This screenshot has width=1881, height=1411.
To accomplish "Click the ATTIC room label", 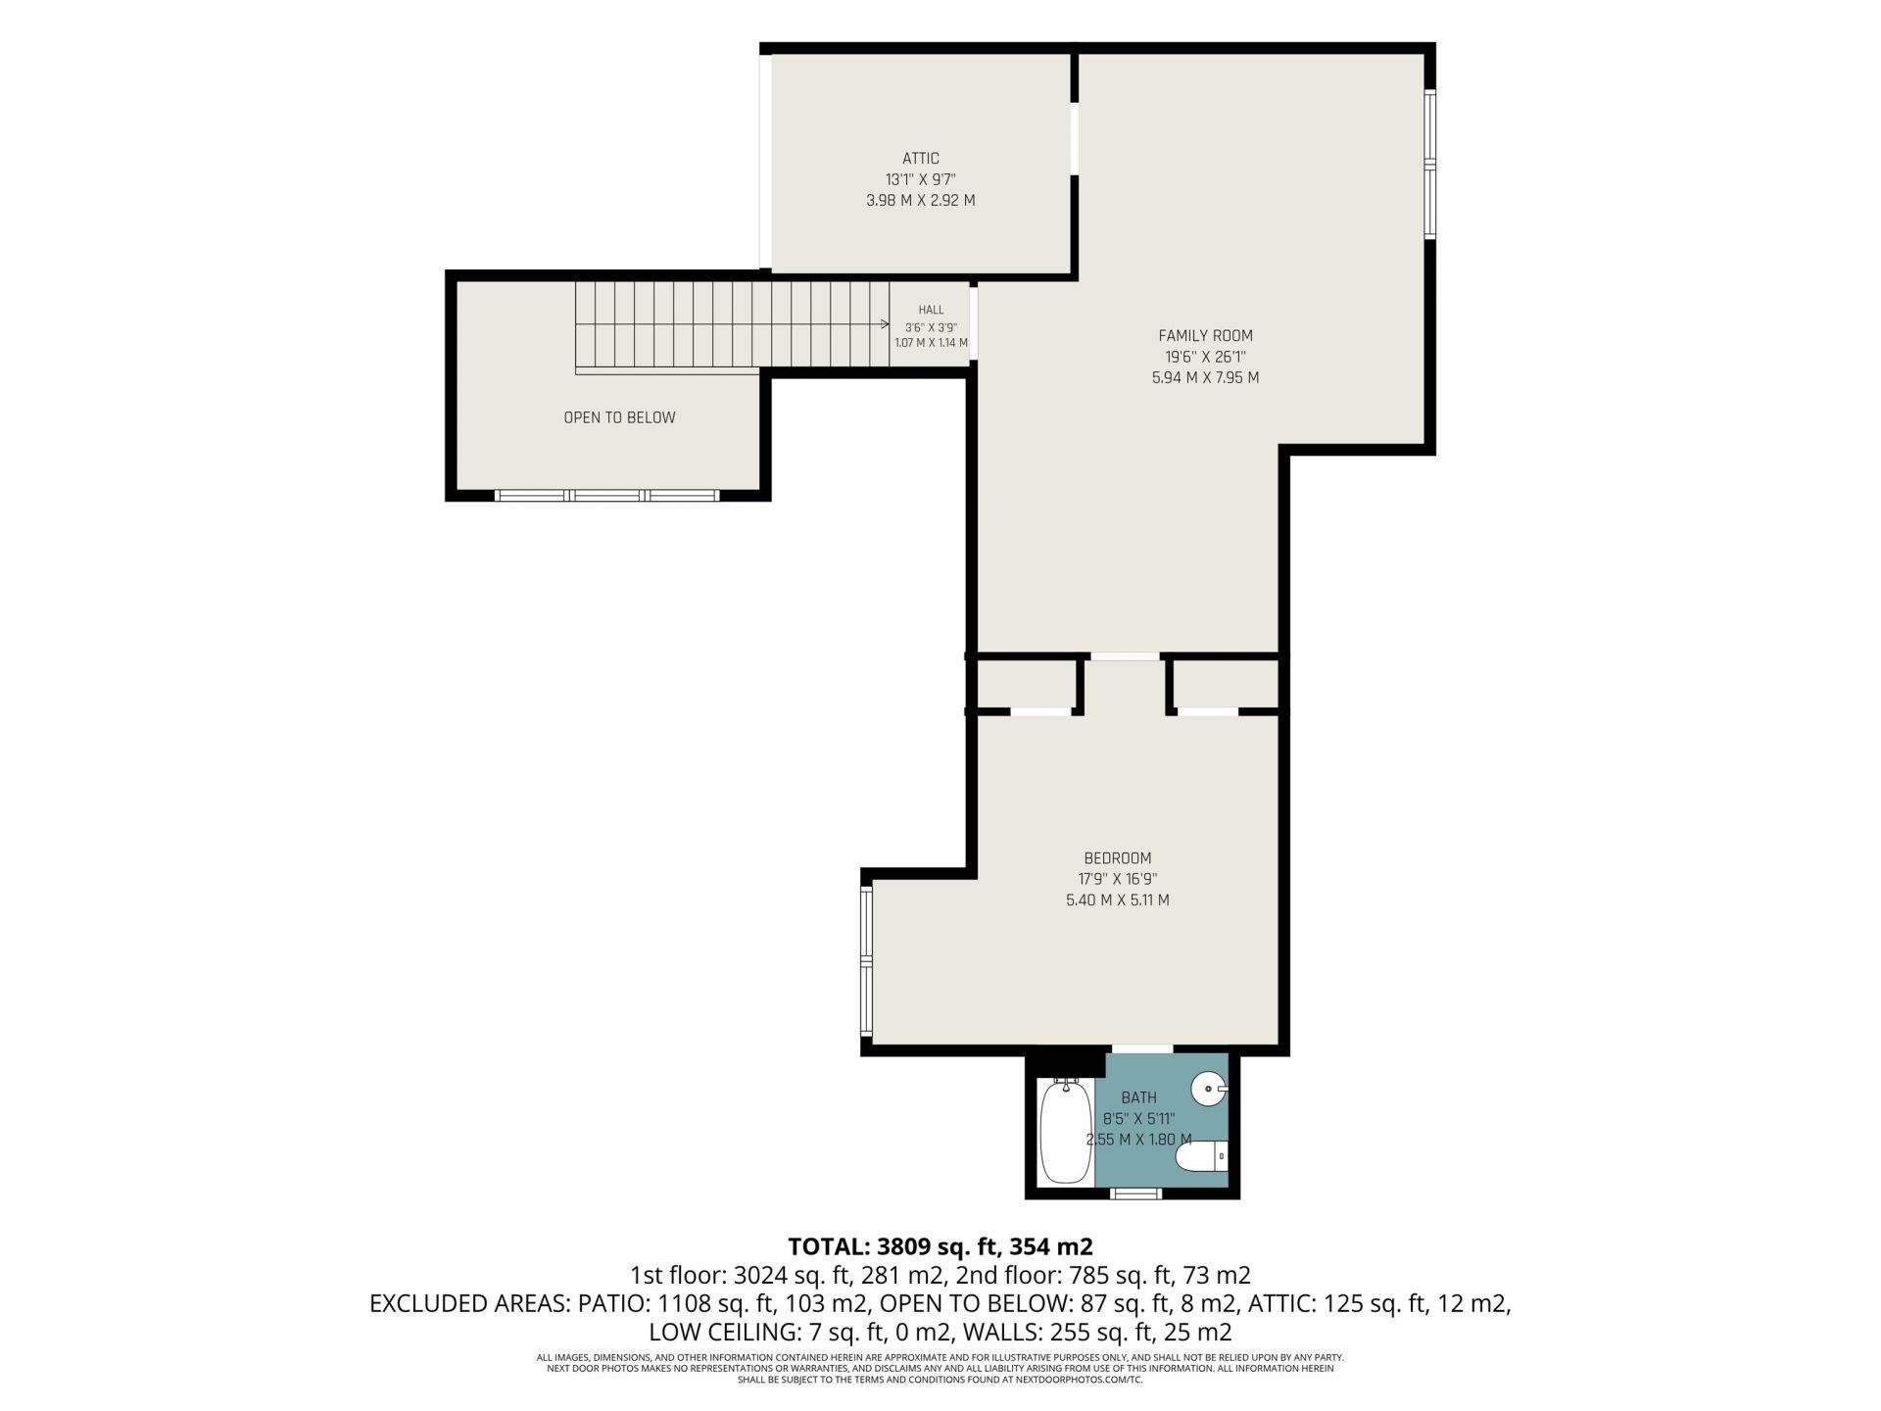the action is click(x=920, y=158).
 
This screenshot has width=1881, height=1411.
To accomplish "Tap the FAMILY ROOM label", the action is click(x=1205, y=335).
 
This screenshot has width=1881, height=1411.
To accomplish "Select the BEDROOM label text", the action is click(x=1117, y=858).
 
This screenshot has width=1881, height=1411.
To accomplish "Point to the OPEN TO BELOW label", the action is click(x=619, y=417).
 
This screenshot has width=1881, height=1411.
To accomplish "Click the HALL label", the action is click(x=931, y=310).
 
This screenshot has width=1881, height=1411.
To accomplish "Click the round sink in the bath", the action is click(x=1209, y=1089).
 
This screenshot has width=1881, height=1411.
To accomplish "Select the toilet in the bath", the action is click(x=1201, y=1157).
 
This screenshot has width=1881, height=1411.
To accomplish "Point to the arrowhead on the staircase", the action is click(x=884, y=324).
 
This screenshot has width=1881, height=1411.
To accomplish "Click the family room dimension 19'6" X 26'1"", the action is click(x=1205, y=357).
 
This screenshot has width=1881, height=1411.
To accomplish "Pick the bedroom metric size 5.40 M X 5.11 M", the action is click(x=1117, y=900).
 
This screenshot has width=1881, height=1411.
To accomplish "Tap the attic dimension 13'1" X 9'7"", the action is click(x=920, y=179).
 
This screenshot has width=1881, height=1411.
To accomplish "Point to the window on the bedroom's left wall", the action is click(x=866, y=961).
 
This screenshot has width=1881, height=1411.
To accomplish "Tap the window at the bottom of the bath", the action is click(x=1136, y=1192).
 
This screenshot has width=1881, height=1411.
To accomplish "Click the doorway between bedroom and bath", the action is click(x=1142, y=1049).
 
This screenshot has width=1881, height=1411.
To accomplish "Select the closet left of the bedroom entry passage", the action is click(x=1026, y=684).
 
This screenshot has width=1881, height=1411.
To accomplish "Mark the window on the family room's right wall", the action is click(x=1429, y=164).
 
